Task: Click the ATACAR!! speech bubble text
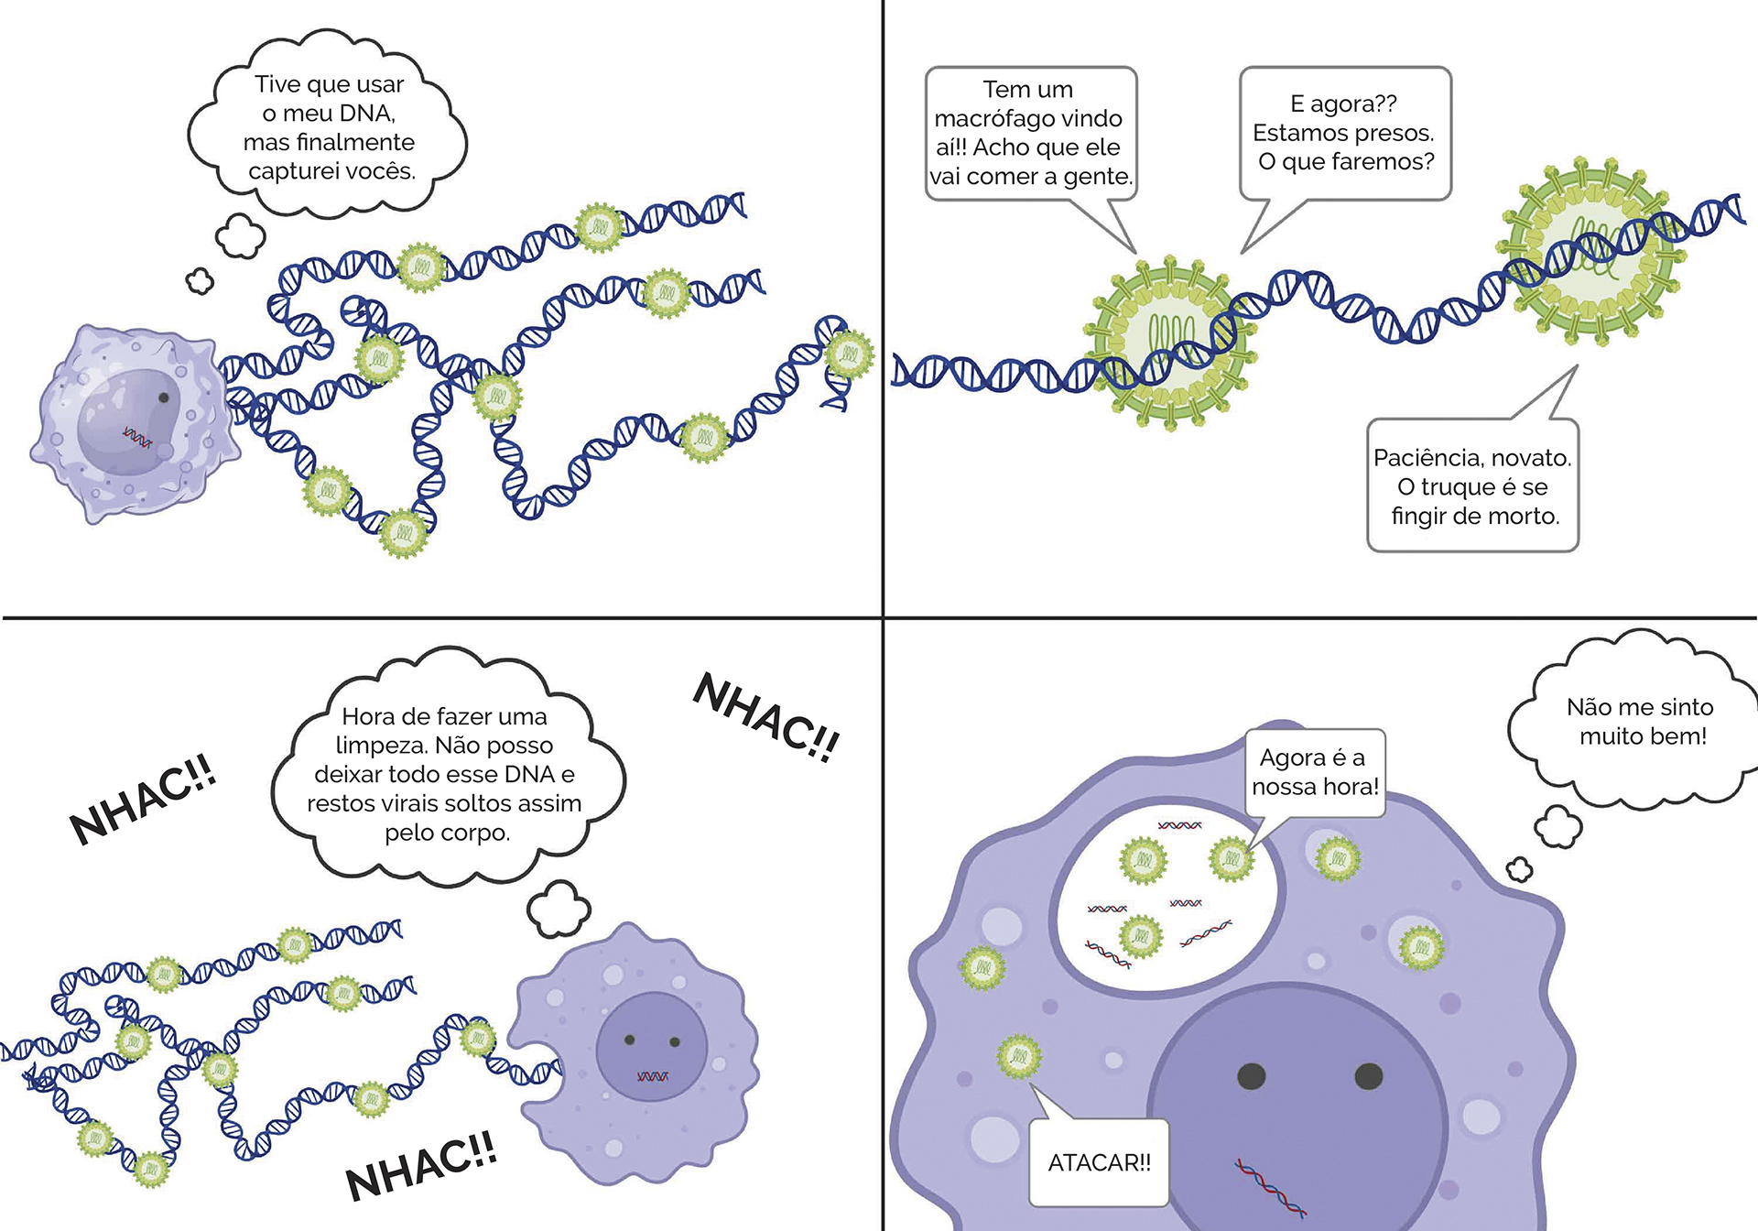click(x=1099, y=1163)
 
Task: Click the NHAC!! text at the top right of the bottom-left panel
click(x=765, y=718)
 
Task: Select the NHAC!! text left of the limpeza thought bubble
click(x=143, y=800)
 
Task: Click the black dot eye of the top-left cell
click(x=164, y=398)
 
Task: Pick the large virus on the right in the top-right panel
click(x=1591, y=250)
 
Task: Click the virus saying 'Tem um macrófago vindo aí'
click(x=1169, y=343)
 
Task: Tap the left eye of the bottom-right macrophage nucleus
click(x=1252, y=1076)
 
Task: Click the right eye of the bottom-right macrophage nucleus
click(x=1368, y=1076)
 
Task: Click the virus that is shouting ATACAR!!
click(x=1018, y=1058)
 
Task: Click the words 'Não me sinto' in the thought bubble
click(x=1639, y=707)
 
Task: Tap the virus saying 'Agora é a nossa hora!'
click(x=1232, y=859)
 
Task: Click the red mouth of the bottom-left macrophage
click(x=652, y=1076)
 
